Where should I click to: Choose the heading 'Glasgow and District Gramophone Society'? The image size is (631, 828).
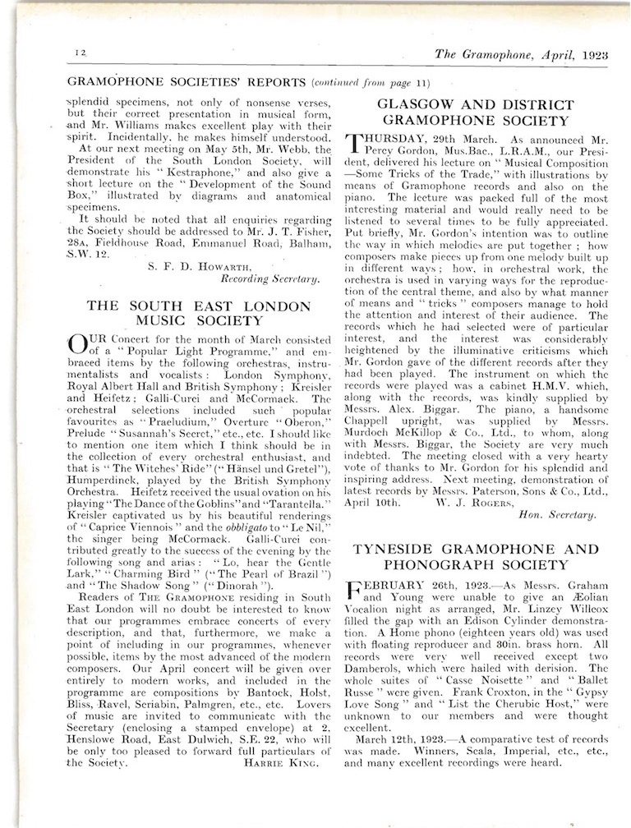point(474,113)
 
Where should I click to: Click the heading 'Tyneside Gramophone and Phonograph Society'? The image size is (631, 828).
point(472,556)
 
